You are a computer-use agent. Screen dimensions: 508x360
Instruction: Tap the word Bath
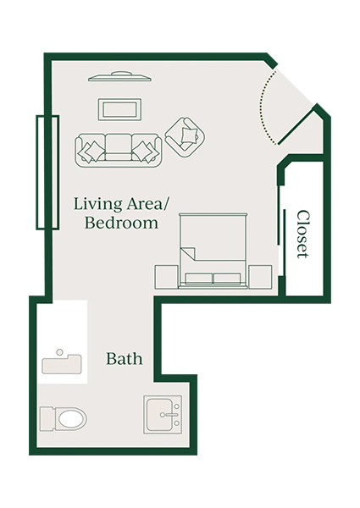point(124,359)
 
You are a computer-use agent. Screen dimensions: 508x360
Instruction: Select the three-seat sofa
point(119,150)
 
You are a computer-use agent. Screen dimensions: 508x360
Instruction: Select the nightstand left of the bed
point(166,276)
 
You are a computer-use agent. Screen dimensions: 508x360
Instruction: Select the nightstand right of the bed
point(260,276)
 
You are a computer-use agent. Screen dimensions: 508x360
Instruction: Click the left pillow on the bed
point(200,279)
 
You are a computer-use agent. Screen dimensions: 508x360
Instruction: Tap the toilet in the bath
point(64,419)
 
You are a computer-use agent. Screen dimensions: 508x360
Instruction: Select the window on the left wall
point(46,171)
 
